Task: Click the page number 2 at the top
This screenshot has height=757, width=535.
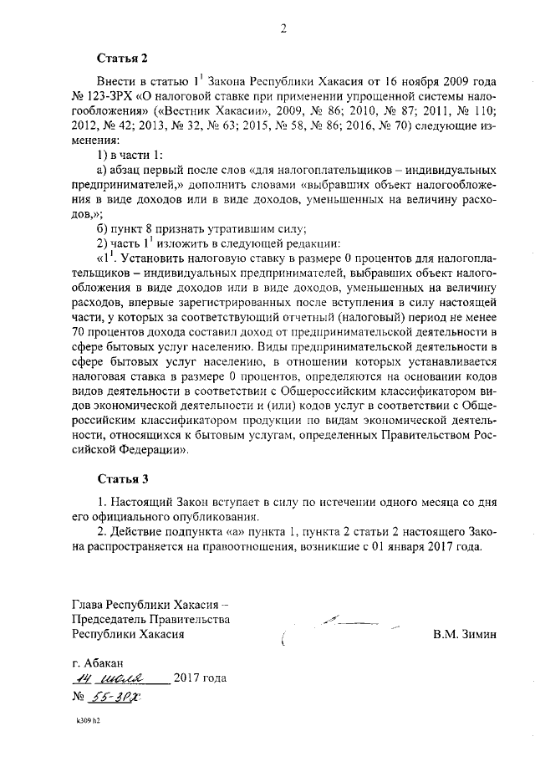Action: (x=283, y=29)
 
